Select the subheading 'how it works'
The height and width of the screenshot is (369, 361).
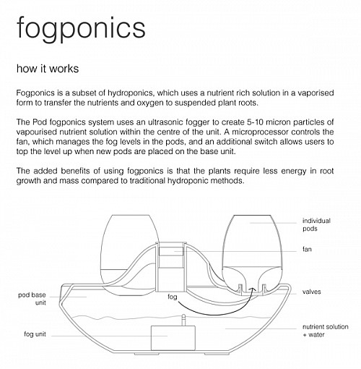48,69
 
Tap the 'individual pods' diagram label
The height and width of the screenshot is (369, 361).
316,224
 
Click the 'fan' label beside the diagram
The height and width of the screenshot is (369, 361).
307,249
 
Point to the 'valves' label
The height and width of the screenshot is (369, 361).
312,292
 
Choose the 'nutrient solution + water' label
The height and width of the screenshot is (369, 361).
326,331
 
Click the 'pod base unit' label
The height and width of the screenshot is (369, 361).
32,299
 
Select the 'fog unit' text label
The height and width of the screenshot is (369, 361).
35,334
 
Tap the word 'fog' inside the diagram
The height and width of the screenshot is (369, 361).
173,297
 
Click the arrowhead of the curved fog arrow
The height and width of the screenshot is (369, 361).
253,289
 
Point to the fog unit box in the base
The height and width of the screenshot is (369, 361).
173,338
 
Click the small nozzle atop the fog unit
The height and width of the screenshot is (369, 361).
183,320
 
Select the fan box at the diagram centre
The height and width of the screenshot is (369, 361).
171,251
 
